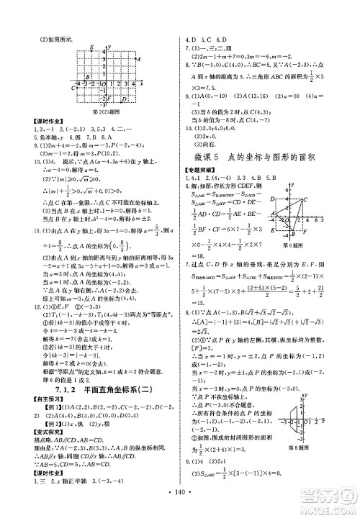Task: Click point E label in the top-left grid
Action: click(85, 47)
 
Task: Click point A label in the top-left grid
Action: click(138, 60)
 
